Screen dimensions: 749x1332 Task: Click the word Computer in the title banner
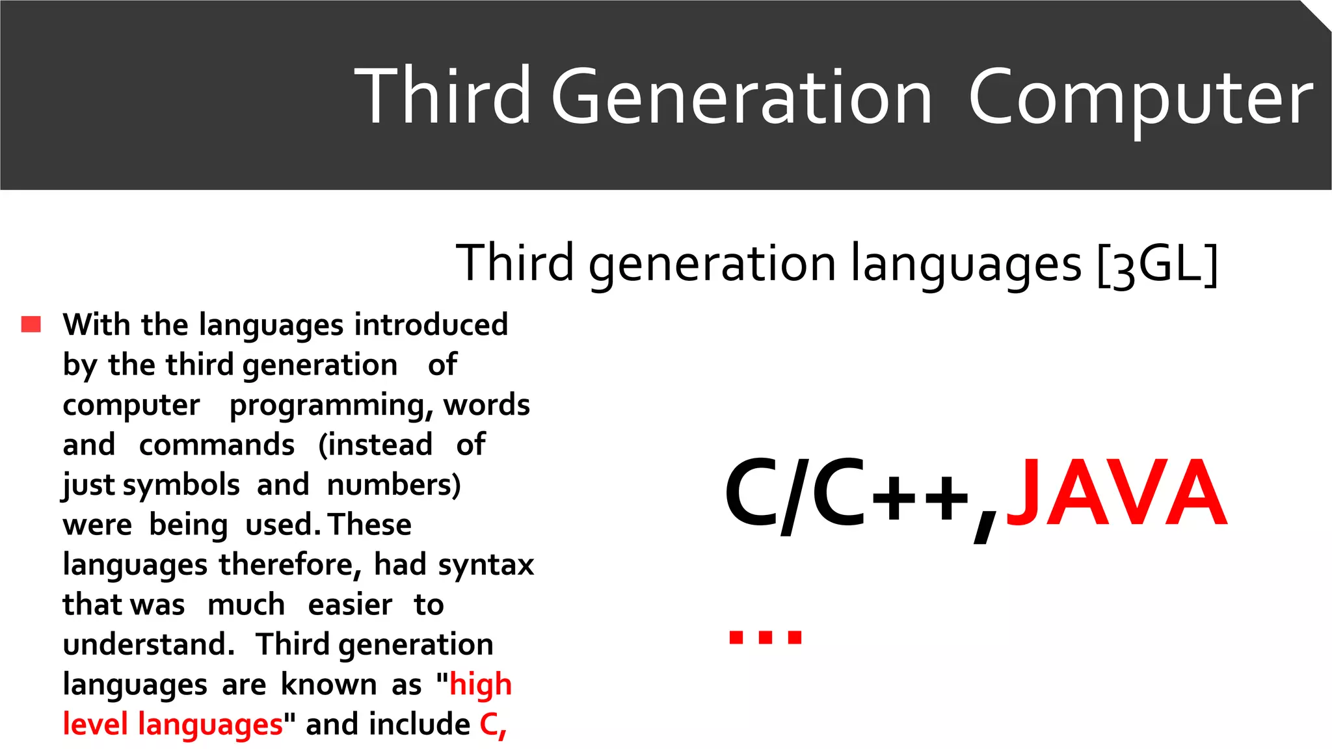point(1140,98)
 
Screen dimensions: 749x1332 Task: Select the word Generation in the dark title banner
point(741,98)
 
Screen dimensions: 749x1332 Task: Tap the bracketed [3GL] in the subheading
point(1157,264)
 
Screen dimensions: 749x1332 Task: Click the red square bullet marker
point(31,324)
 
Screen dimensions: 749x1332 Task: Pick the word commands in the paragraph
point(217,445)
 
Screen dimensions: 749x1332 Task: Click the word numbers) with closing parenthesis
point(393,485)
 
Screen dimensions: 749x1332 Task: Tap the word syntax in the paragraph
point(486,565)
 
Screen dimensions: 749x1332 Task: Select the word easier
point(350,605)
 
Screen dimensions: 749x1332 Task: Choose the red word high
point(481,685)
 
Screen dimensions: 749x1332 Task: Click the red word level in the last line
point(95,724)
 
